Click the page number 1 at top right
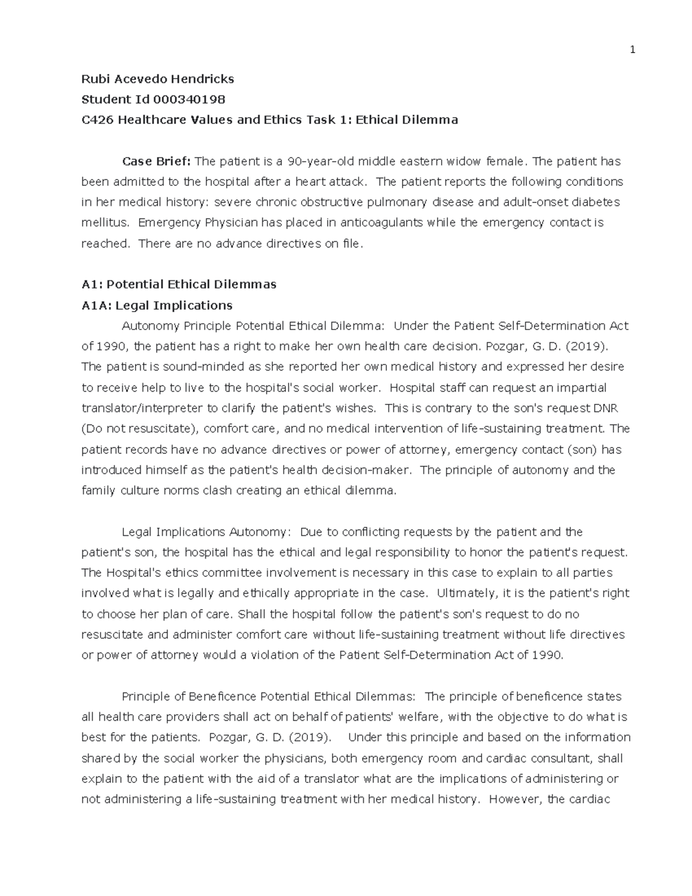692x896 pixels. coord(632,50)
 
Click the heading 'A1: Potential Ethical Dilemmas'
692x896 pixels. coord(179,284)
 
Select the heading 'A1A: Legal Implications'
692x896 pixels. coord(157,305)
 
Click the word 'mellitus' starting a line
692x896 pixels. coord(101,223)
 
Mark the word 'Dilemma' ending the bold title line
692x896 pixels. coord(432,120)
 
